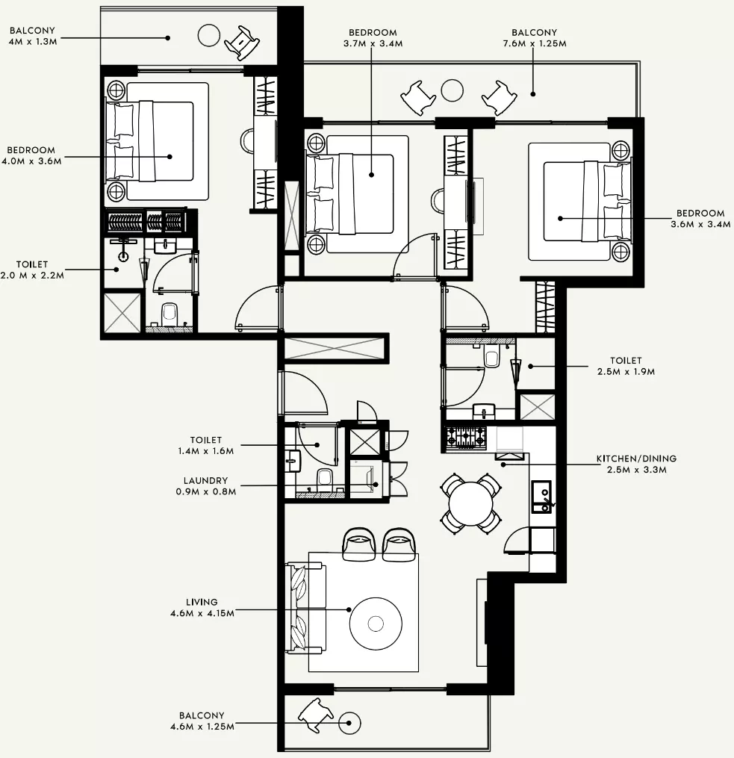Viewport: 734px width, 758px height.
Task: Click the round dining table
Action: (470, 504)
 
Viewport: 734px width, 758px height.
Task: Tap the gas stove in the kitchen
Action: (466, 438)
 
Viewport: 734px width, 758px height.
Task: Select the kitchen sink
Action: (541, 497)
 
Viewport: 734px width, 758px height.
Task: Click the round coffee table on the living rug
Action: (376, 624)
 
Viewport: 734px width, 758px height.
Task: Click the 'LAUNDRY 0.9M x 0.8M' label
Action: (206, 486)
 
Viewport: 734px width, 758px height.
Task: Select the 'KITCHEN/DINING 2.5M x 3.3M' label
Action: (636, 464)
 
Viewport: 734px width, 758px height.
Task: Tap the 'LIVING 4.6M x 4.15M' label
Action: (202, 608)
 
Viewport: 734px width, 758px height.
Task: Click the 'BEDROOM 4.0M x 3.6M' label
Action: (31, 155)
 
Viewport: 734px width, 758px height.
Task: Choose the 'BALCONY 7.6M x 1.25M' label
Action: (535, 37)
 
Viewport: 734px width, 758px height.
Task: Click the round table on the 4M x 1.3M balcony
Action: (209, 35)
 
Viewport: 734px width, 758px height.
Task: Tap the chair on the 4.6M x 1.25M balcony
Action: (316, 715)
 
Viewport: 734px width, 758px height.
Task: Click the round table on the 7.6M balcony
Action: (452, 90)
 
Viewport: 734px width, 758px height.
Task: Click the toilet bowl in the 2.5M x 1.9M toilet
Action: (492, 357)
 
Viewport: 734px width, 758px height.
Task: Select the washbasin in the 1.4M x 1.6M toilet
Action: (293, 461)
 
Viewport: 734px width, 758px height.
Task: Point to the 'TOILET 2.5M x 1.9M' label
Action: (626, 366)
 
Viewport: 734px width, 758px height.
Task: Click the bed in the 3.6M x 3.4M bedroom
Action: (579, 201)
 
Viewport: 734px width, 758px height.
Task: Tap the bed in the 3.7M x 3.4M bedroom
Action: (358, 194)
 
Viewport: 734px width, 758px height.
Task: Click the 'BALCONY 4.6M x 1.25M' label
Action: (202, 721)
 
